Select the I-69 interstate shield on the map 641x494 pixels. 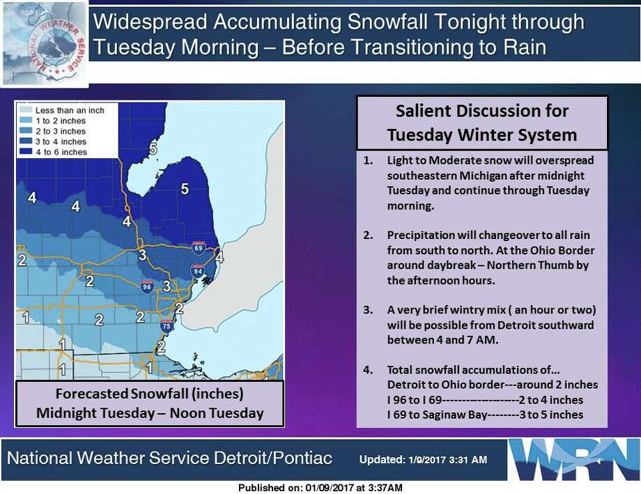pyautogui.click(x=199, y=248)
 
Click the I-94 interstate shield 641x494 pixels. pyautogui.click(x=197, y=271)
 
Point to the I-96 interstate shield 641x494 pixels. pyautogui.click(x=147, y=286)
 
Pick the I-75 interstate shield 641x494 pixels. pyautogui.click(x=167, y=325)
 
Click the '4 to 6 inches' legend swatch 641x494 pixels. pyautogui.click(x=25, y=152)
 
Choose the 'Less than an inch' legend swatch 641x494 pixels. pyautogui.click(x=25, y=110)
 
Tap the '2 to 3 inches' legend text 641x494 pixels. pyautogui.click(x=61, y=131)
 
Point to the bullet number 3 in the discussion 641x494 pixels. pyautogui.click(x=368, y=310)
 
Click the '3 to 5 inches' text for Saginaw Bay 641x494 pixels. pyautogui.click(x=551, y=415)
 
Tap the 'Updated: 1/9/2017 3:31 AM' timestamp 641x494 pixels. pyautogui.click(x=423, y=460)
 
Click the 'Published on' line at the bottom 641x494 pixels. pyautogui.click(x=320, y=488)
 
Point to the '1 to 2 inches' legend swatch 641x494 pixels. pyautogui.click(x=25, y=121)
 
